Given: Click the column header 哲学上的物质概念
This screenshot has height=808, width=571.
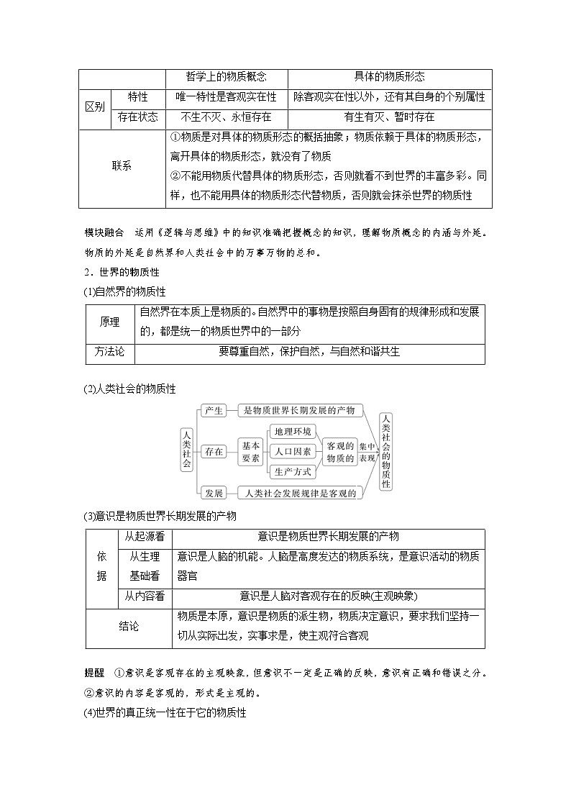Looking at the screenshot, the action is coord(226,78).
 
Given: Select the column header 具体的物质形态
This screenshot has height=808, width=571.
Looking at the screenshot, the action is coord(390,78).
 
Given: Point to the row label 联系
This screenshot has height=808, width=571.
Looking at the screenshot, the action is coord(122,166).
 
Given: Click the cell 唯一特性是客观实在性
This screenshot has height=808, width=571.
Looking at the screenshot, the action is coord(226,97).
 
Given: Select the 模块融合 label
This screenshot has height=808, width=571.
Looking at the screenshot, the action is coord(104,232).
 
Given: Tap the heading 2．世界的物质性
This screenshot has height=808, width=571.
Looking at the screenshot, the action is coord(121,273).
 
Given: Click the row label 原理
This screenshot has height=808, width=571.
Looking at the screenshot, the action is coord(109,321).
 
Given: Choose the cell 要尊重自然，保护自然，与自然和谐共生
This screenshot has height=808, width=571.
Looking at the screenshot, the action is coord(309,352).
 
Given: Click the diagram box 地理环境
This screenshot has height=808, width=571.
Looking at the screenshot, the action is coord(292,431).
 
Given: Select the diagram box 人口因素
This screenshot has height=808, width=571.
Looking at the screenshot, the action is coord(292,451).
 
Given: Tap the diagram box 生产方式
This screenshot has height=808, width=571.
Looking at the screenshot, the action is coord(292,471).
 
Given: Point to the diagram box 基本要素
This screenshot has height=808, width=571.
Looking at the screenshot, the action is coord(250,451).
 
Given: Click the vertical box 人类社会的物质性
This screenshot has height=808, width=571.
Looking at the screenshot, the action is coord(386,451).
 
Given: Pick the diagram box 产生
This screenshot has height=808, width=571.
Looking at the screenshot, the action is coord(213,410).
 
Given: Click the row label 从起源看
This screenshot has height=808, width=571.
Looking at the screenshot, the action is coord(144,537).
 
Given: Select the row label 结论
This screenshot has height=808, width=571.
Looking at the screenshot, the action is coord(129,627).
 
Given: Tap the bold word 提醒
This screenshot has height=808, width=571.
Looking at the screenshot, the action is coord(94,673).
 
